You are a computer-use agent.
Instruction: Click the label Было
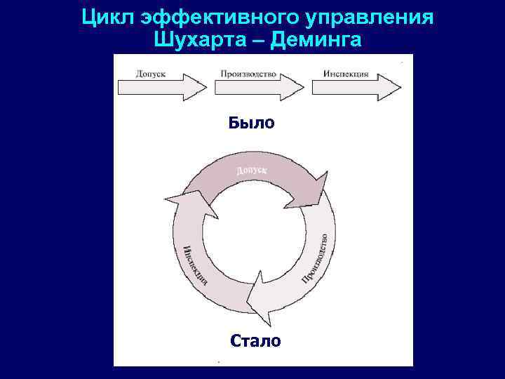(252, 124)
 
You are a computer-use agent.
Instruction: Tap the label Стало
(255, 341)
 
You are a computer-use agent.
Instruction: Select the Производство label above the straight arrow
(248, 73)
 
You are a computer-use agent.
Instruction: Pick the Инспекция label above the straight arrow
(346, 73)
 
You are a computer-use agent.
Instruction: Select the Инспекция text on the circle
(194, 265)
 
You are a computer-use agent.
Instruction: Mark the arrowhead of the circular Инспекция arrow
(183, 203)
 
